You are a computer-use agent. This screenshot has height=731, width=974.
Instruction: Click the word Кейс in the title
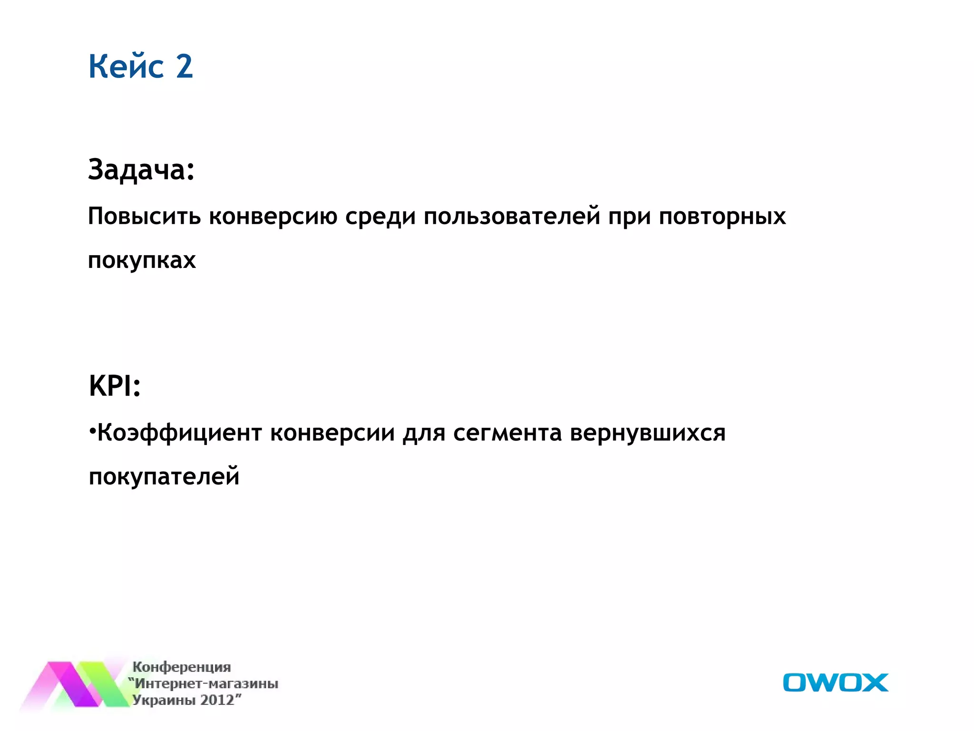(126, 66)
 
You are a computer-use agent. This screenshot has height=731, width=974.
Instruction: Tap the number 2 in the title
(185, 66)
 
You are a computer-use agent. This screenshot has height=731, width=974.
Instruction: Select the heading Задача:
(141, 169)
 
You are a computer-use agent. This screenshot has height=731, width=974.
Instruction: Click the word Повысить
(145, 217)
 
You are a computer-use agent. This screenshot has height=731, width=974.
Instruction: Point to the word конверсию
(273, 217)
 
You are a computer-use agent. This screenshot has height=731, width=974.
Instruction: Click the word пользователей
(512, 217)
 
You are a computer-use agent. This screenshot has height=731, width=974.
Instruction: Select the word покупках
(142, 260)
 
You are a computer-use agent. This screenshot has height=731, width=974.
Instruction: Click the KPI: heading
(115, 385)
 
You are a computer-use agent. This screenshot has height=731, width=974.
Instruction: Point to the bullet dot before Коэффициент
(92, 431)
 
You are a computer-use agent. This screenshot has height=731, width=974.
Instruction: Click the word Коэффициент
(180, 433)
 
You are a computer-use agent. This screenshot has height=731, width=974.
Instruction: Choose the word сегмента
(507, 433)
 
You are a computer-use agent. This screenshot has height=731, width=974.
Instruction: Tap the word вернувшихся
(647, 433)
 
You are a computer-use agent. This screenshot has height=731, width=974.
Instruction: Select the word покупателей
(164, 476)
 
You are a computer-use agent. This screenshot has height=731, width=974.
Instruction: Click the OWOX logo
(835, 682)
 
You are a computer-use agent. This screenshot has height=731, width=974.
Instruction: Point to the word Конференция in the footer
(182, 667)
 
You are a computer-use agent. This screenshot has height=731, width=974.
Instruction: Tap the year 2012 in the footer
(217, 700)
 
